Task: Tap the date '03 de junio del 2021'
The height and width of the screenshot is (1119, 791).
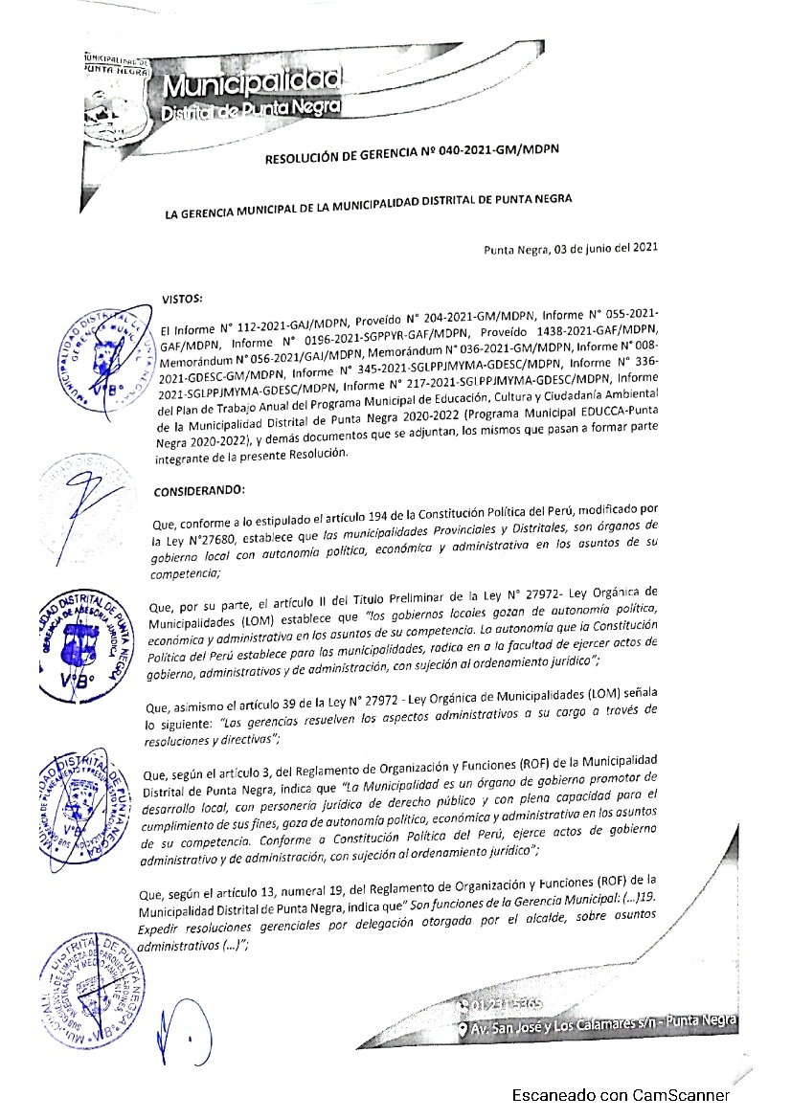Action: click(x=605, y=249)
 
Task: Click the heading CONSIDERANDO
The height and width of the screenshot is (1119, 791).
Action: click(x=198, y=491)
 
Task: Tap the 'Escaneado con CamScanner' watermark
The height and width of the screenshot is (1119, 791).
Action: click(x=621, y=1095)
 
